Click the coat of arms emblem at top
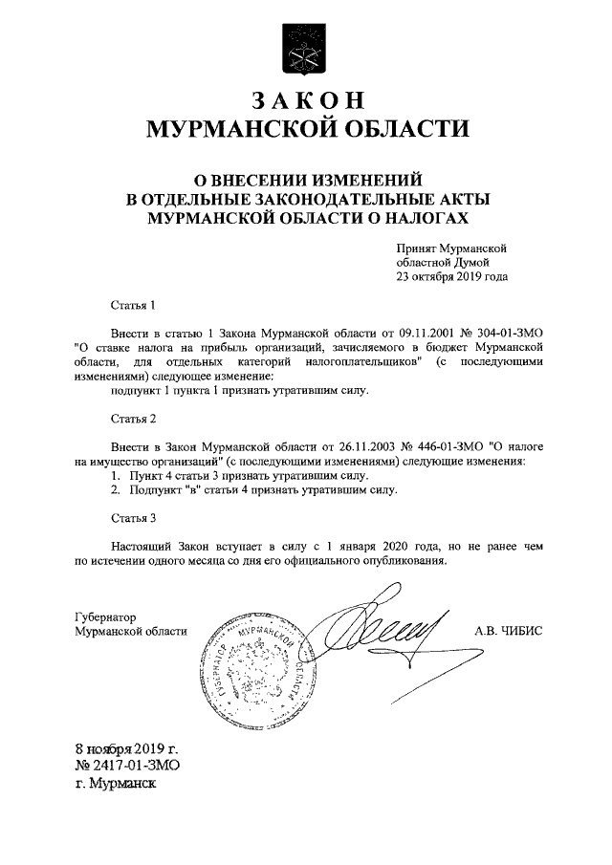306,46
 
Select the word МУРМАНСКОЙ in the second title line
228,130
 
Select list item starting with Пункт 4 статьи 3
236,475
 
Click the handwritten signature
382,631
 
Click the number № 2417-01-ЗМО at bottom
128,766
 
